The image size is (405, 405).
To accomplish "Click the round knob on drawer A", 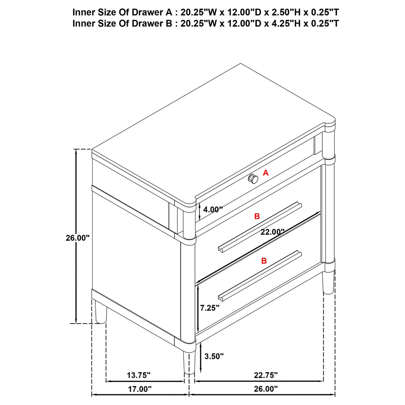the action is (253, 178).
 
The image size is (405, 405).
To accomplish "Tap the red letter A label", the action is (265, 173).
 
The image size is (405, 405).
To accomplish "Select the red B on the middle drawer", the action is (257, 216).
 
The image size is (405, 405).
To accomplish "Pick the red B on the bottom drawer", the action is (264, 261).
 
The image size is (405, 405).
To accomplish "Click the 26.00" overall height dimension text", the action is (77, 238).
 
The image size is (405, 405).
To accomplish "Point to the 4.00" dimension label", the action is (213, 209).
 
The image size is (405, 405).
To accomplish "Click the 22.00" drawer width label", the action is (272, 232).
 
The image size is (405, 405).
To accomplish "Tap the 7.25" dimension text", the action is (210, 308).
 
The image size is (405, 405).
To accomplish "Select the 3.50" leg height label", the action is (214, 356).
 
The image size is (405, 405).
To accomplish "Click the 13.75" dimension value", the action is (138, 375).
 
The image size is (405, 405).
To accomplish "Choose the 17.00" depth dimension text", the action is (140, 389).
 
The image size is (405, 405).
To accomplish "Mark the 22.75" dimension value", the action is (266, 375).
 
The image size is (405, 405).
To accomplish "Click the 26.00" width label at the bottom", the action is (266, 389).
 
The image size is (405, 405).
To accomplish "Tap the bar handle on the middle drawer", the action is (260, 226).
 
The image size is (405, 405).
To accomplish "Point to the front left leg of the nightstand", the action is (189, 361).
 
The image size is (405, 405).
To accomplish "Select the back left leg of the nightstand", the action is (101, 312).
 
